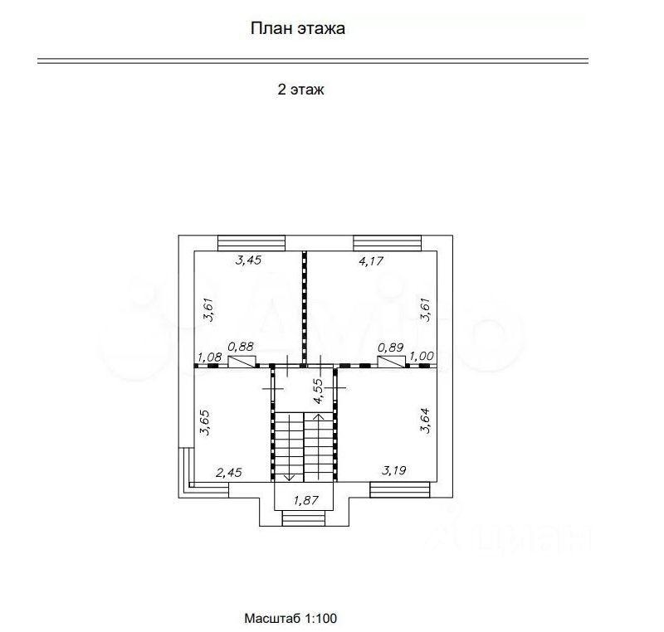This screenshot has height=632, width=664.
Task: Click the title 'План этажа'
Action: click(x=298, y=28)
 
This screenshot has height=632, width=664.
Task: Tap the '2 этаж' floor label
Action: click(x=300, y=90)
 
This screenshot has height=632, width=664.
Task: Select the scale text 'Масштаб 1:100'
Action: click(x=290, y=618)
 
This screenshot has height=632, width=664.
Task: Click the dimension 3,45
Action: click(x=248, y=260)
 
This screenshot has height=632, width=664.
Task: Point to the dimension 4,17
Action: click(x=371, y=261)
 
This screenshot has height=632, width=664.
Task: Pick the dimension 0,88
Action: click(x=241, y=347)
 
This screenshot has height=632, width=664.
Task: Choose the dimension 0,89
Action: click(x=390, y=348)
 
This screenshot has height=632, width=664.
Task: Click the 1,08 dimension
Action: click(x=210, y=357)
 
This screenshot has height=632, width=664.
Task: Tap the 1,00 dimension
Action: click(x=422, y=356)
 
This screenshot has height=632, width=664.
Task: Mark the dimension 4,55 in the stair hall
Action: click(x=318, y=391)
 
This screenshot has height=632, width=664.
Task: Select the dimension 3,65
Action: click(x=205, y=422)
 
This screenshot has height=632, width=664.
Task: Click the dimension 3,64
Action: click(x=425, y=421)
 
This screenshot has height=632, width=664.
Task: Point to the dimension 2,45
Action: click(x=229, y=472)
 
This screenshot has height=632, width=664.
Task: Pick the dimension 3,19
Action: click(x=393, y=470)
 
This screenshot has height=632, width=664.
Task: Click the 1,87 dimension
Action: click(x=305, y=500)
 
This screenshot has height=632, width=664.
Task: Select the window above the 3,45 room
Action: click(x=251, y=243)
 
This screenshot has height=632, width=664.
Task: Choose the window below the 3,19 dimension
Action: click(x=400, y=489)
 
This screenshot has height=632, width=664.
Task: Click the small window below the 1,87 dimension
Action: click(x=304, y=518)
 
